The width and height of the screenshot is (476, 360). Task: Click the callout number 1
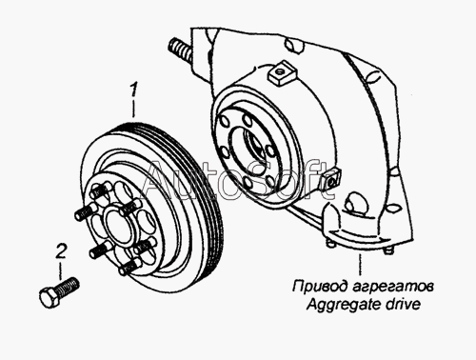pos(134,90)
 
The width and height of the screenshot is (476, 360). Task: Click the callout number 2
pos(61,251)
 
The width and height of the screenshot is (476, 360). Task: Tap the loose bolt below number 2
pos(59,292)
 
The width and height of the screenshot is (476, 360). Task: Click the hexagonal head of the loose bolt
pos(50,298)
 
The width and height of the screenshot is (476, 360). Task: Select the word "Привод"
pos(320,287)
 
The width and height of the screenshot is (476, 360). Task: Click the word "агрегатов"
pos(393,287)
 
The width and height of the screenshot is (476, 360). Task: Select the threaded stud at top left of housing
pos(180,50)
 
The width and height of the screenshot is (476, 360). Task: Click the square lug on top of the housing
pos(283,73)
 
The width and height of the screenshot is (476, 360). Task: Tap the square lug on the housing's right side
pos(331,180)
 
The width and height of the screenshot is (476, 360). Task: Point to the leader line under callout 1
pos(134,109)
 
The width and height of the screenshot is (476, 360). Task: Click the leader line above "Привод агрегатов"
pos(360,265)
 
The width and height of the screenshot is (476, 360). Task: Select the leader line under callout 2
pos(60,270)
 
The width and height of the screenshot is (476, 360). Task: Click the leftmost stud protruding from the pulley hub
pos(86,212)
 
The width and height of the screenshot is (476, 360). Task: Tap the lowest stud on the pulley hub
pos(129,267)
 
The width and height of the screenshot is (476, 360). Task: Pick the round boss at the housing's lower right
pos(353,203)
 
